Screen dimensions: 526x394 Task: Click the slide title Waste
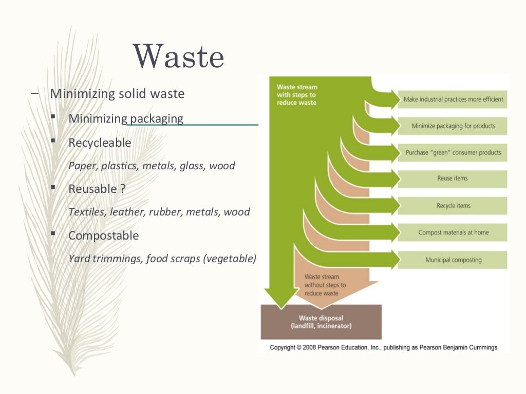click(179, 56)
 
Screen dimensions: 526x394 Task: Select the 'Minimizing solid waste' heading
click(117, 94)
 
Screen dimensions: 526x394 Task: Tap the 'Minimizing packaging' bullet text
click(126, 119)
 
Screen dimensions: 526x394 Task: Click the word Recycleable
click(100, 143)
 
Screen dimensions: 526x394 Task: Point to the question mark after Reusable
click(123, 189)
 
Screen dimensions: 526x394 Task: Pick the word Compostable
click(103, 235)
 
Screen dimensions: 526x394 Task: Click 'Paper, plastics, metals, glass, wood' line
click(152, 166)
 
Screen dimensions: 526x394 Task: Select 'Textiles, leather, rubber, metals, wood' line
click(159, 212)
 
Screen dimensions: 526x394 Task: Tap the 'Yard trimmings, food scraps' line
click(162, 259)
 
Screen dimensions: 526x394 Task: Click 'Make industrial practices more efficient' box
click(453, 99)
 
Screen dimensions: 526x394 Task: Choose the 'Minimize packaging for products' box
click(453, 126)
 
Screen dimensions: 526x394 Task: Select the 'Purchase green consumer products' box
click(453, 152)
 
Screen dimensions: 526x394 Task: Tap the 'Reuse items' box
click(453, 179)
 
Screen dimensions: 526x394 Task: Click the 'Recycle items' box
click(453, 206)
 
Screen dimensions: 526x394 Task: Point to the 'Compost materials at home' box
click(453, 232)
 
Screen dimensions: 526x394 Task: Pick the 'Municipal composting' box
click(453, 260)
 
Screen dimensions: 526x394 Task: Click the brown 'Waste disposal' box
click(322, 322)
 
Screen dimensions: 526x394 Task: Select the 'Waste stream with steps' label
click(296, 95)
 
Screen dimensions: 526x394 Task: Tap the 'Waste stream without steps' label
click(325, 285)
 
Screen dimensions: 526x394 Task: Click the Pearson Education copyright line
click(384, 347)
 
